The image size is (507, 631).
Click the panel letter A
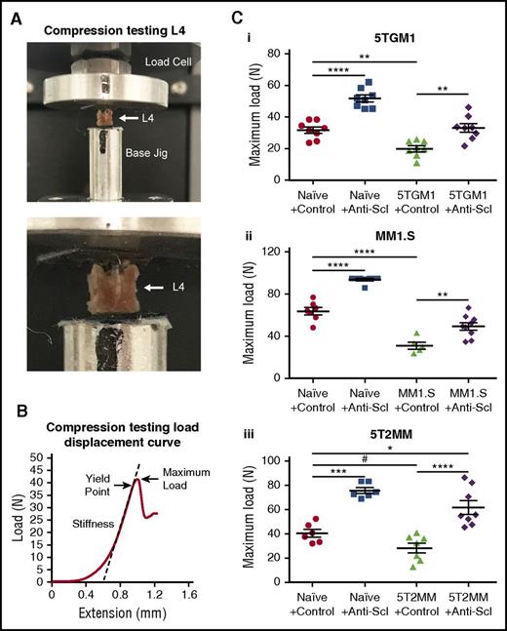point(9,12)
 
